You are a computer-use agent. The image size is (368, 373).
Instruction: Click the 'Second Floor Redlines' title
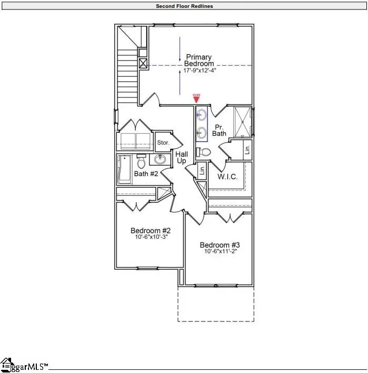(x=184, y=6)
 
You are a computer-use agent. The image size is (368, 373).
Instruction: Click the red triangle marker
(x=196, y=99)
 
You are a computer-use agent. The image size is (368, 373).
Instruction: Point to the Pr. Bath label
(x=219, y=130)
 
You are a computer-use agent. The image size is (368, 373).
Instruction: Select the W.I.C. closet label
(x=227, y=177)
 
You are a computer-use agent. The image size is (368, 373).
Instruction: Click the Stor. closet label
(x=162, y=143)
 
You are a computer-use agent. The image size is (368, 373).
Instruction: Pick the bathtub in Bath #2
(x=125, y=169)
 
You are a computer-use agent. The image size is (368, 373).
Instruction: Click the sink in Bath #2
(x=160, y=160)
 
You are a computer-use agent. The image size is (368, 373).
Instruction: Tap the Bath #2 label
(x=146, y=174)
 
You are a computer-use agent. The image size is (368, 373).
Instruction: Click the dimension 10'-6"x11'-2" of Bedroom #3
(x=220, y=252)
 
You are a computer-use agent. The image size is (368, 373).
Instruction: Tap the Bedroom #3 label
(x=220, y=245)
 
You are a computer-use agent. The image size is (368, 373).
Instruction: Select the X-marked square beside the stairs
(x=143, y=64)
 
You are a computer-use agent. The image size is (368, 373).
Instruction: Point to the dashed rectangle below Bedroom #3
(x=215, y=304)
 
